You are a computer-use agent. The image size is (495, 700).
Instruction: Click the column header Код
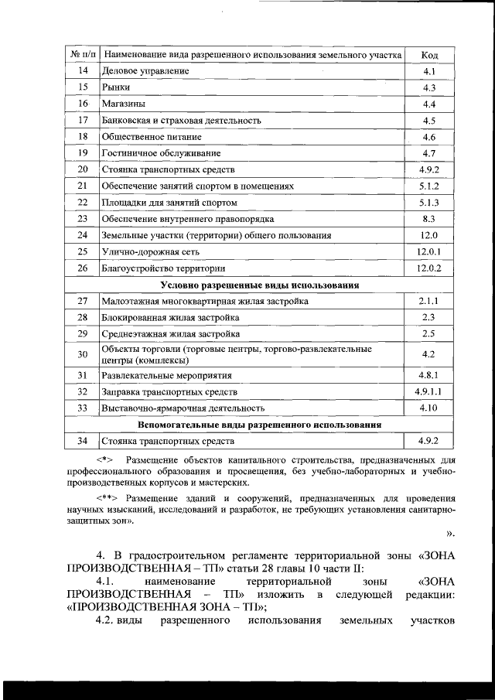tap(430, 55)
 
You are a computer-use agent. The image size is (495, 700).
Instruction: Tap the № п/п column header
tap(82, 55)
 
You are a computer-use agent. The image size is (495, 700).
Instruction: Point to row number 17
tap(83, 120)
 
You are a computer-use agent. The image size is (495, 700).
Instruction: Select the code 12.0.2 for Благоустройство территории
tap(429, 268)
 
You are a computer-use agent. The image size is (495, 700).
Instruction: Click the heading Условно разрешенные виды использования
tap(259, 285)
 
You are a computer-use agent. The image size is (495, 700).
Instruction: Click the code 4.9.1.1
tap(429, 391)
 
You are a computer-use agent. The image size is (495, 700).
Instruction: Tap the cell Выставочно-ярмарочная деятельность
tap(183, 408)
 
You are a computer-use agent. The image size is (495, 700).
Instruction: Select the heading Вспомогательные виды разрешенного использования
tap(259, 425)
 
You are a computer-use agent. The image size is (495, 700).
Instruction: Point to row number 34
tap(83, 441)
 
